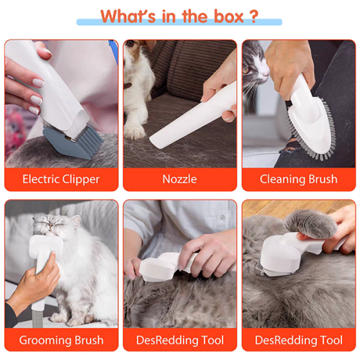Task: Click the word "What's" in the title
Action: pyautogui.click(x=129, y=16)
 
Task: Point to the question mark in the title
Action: pyautogui.click(x=253, y=16)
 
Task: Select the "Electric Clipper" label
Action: pyautogui.click(x=61, y=179)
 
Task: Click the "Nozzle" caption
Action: pyautogui.click(x=179, y=179)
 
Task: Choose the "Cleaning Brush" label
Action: pyautogui.click(x=298, y=179)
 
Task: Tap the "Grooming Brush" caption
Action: pyautogui.click(x=61, y=340)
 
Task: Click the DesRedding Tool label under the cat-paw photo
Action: pyautogui.click(x=298, y=340)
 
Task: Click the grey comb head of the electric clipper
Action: pyautogui.click(x=69, y=141)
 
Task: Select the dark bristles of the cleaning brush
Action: pyautogui.click(x=317, y=137)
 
